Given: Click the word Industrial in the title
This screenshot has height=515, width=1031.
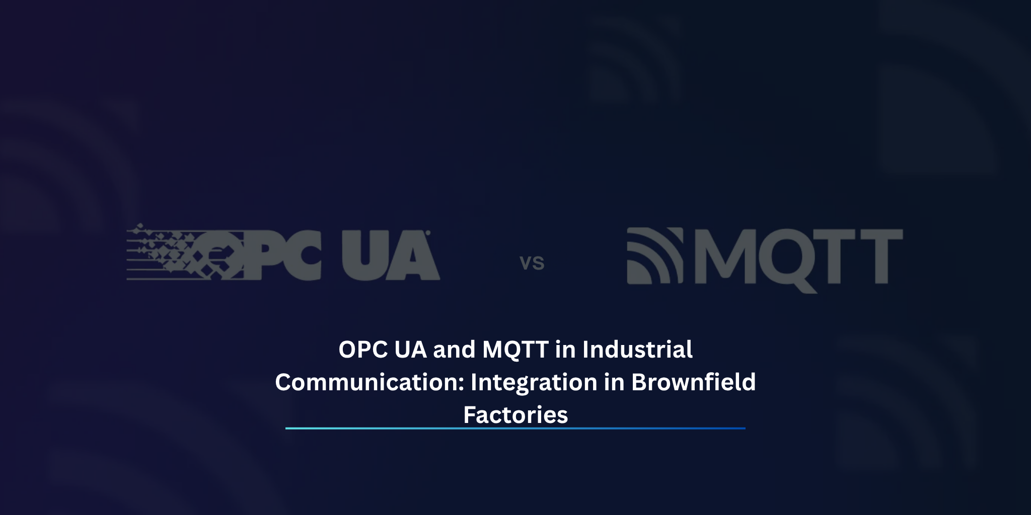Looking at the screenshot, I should [637, 350].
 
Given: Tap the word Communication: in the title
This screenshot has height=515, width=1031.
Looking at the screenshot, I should [369, 382].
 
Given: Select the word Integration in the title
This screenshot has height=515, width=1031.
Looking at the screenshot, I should [534, 382].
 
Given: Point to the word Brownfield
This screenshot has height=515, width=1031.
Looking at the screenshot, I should [693, 382].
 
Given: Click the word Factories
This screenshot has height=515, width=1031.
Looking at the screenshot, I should [515, 415].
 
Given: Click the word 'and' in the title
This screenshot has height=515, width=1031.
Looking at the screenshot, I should [454, 350].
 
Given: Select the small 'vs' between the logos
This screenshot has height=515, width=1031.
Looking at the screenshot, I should [532, 263].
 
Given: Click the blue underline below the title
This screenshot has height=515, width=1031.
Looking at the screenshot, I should [515, 428].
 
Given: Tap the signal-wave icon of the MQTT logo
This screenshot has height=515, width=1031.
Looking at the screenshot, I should [654, 256].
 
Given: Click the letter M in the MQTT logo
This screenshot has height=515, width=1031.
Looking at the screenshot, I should [722, 256].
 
